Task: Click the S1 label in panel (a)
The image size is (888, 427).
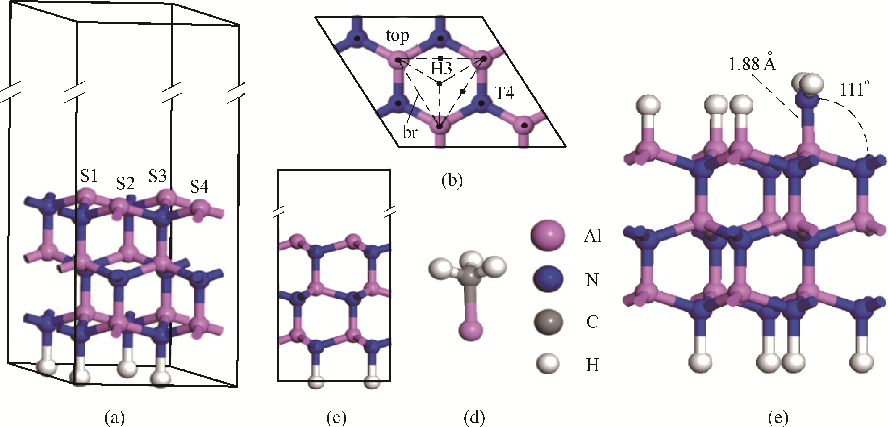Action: [x=89, y=176]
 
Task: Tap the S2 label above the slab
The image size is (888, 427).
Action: [x=125, y=183]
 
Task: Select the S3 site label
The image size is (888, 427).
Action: [x=158, y=176]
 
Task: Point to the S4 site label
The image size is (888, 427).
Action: [x=199, y=187]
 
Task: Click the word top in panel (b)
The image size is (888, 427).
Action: [x=397, y=35]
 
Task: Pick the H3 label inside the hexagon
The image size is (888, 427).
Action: [x=441, y=69]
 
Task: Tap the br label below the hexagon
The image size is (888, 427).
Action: [x=410, y=133]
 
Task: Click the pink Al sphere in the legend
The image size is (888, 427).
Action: [x=548, y=236]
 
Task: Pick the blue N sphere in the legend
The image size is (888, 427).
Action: [x=548, y=279]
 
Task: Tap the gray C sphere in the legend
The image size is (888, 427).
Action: [x=548, y=322]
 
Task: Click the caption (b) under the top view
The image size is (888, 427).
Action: [x=452, y=181]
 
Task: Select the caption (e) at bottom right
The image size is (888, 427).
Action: [x=778, y=418]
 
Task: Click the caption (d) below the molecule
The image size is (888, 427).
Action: [x=474, y=418]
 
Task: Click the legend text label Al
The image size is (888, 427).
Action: [x=593, y=236]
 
